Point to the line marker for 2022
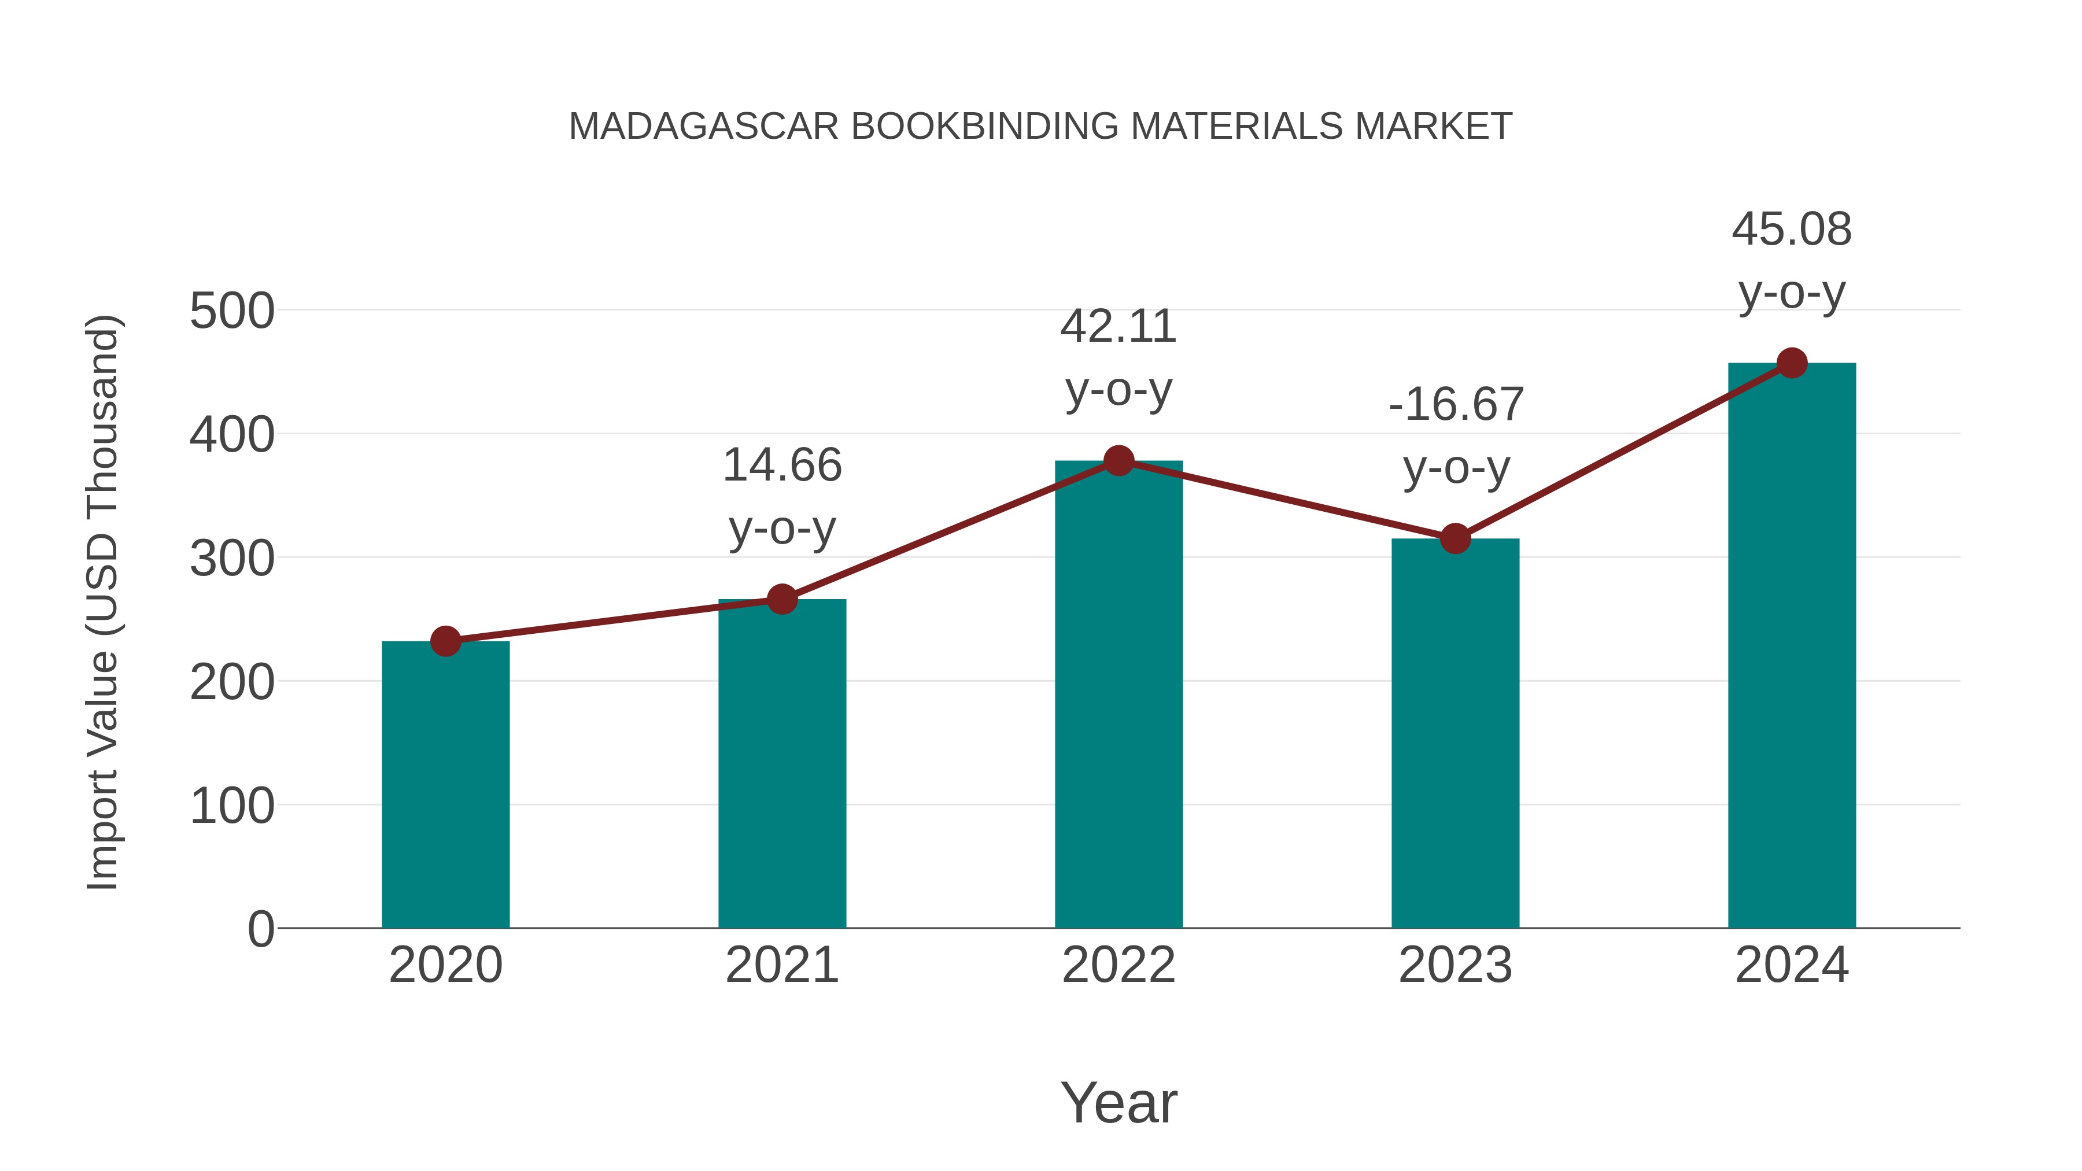pos(1118,461)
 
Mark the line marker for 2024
pos(1792,363)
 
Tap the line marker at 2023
pos(1455,538)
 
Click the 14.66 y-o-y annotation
pos(781,496)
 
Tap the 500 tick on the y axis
pos(231,311)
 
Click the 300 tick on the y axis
pos(231,559)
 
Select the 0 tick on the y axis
pos(260,929)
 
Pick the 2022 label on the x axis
pos(1118,965)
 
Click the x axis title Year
pos(1118,1102)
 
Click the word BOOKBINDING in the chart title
pos(984,126)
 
